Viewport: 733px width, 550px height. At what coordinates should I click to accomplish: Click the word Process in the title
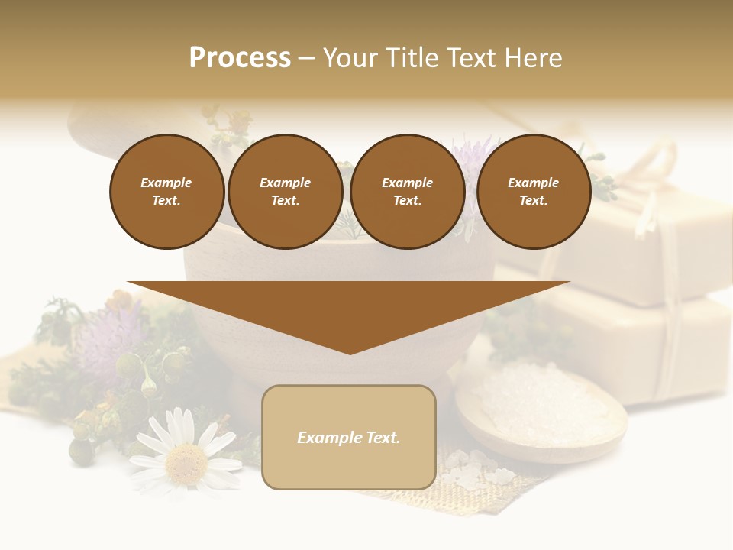[240, 58]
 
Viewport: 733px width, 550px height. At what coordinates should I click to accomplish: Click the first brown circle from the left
[167, 192]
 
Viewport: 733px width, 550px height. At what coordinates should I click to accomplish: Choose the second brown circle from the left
[286, 192]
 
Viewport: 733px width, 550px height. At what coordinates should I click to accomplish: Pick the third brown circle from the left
[408, 192]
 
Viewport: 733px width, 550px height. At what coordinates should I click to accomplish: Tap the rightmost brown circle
[534, 192]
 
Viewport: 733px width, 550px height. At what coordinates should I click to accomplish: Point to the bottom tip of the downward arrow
[350, 353]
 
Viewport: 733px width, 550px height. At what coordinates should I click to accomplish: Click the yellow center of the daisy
[186, 459]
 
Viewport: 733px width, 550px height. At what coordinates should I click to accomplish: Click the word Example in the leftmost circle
[166, 183]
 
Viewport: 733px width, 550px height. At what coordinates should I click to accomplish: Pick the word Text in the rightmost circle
[533, 201]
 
